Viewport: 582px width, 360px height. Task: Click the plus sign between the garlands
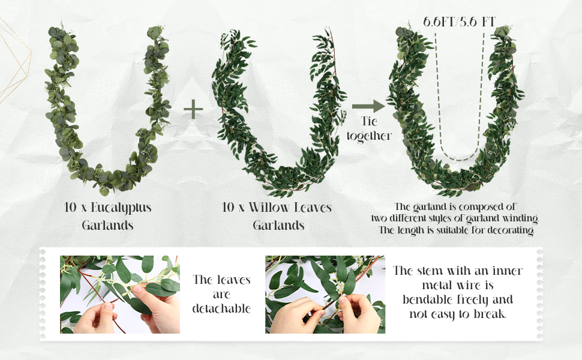tap(193, 109)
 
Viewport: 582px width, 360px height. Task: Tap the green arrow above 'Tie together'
tap(368, 107)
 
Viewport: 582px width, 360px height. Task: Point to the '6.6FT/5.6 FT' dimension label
tap(459, 22)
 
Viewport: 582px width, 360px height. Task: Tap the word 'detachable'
tap(221, 308)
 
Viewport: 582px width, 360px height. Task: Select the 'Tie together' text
tap(368, 129)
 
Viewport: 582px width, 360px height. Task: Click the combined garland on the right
tap(402, 120)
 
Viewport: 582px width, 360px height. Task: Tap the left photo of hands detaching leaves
tap(119, 295)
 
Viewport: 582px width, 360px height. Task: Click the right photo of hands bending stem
tap(325, 295)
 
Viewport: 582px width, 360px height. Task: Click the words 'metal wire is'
tap(457, 285)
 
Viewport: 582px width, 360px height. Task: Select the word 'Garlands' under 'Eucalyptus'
tap(107, 226)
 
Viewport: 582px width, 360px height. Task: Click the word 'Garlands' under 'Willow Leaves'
tap(278, 226)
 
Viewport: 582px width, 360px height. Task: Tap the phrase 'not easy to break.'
tap(457, 314)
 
